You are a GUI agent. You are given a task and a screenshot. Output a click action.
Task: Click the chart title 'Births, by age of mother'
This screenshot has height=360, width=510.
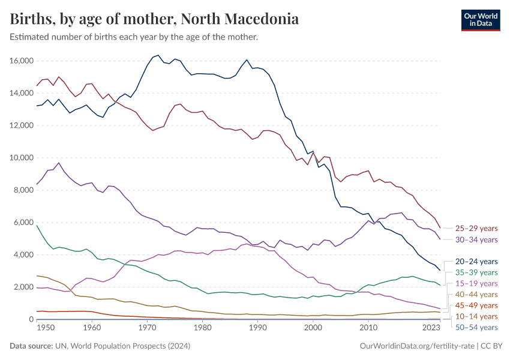point(154,19)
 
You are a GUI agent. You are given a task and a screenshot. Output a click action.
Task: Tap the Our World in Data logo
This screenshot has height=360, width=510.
point(480,20)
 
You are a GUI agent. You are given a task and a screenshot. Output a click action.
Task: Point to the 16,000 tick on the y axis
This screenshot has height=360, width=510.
point(21,61)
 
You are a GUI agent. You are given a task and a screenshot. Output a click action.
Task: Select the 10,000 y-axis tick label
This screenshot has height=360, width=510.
point(21,158)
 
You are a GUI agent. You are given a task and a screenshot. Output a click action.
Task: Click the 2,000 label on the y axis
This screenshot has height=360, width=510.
point(23,287)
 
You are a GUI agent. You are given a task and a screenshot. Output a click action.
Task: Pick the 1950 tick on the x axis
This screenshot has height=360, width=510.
point(37,328)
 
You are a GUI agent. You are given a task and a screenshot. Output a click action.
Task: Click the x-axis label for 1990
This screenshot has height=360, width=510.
point(257,328)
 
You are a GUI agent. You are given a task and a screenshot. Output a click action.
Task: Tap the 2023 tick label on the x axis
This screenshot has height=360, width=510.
point(431,328)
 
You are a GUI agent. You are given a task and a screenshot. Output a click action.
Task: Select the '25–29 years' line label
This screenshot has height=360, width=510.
point(476,229)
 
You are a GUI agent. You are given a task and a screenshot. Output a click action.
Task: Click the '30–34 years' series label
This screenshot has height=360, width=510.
point(476,239)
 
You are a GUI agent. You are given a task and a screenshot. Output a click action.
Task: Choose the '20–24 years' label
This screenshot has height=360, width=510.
point(476,262)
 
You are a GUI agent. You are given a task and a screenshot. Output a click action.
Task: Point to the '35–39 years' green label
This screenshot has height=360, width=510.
point(476,272)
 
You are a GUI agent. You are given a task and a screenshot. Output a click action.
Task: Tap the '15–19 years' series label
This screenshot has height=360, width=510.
point(476,283)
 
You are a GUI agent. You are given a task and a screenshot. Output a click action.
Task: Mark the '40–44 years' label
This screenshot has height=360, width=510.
point(476,295)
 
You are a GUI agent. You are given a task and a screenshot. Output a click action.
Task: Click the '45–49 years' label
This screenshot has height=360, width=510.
point(476,305)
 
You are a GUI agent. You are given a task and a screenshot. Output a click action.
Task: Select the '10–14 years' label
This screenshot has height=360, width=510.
point(476,316)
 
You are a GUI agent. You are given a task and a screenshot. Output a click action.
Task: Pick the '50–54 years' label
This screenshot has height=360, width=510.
point(476,327)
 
